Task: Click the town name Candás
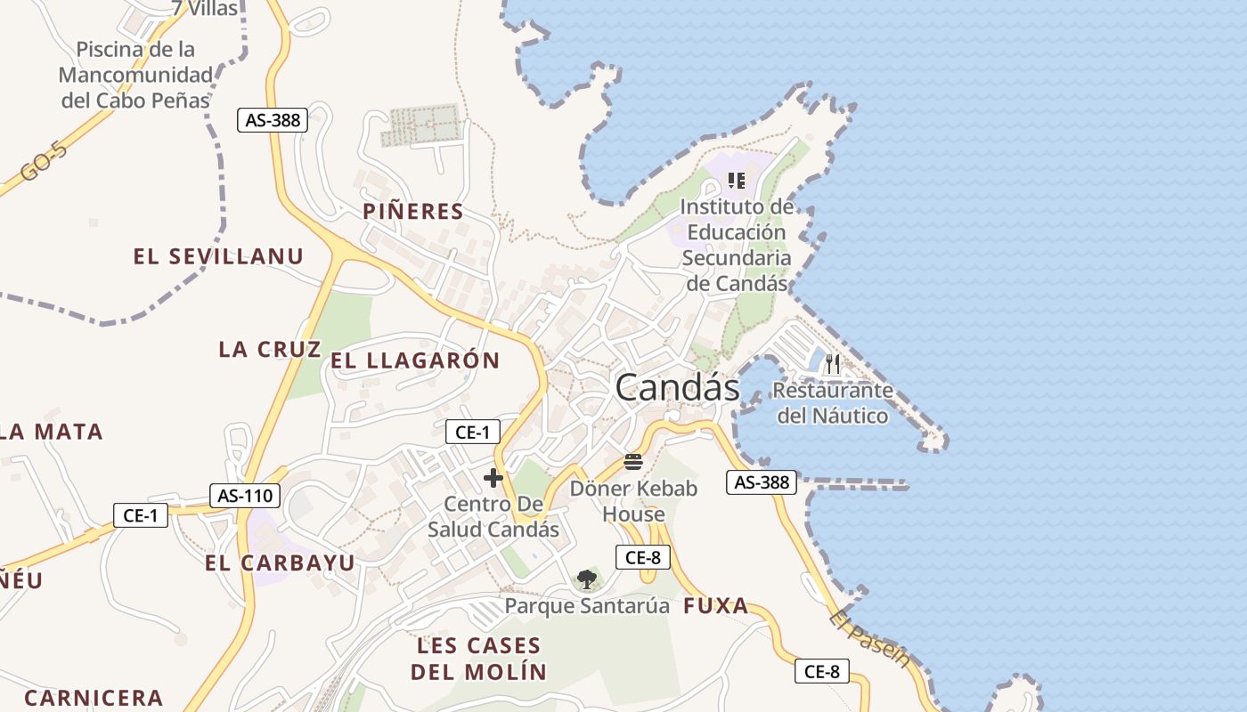point(677,388)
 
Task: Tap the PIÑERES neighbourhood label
point(413,212)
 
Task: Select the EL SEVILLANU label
point(218,257)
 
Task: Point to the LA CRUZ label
point(270,350)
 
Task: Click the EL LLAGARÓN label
point(415,361)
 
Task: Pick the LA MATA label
point(52,433)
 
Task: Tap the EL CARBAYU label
point(280,563)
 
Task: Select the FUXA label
point(716,607)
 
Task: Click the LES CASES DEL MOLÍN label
point(478,659)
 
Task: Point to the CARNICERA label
point(94,698)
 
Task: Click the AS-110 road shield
point(245,496)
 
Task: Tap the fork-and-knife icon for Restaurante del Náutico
point(833,363)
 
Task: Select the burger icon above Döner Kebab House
point(633,461)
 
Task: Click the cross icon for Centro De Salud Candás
point(493,478)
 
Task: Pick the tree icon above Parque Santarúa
point(586,580)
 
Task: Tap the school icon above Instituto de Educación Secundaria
point(737,181)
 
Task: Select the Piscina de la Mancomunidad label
point(135,75)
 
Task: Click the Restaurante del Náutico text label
point(833,403)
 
